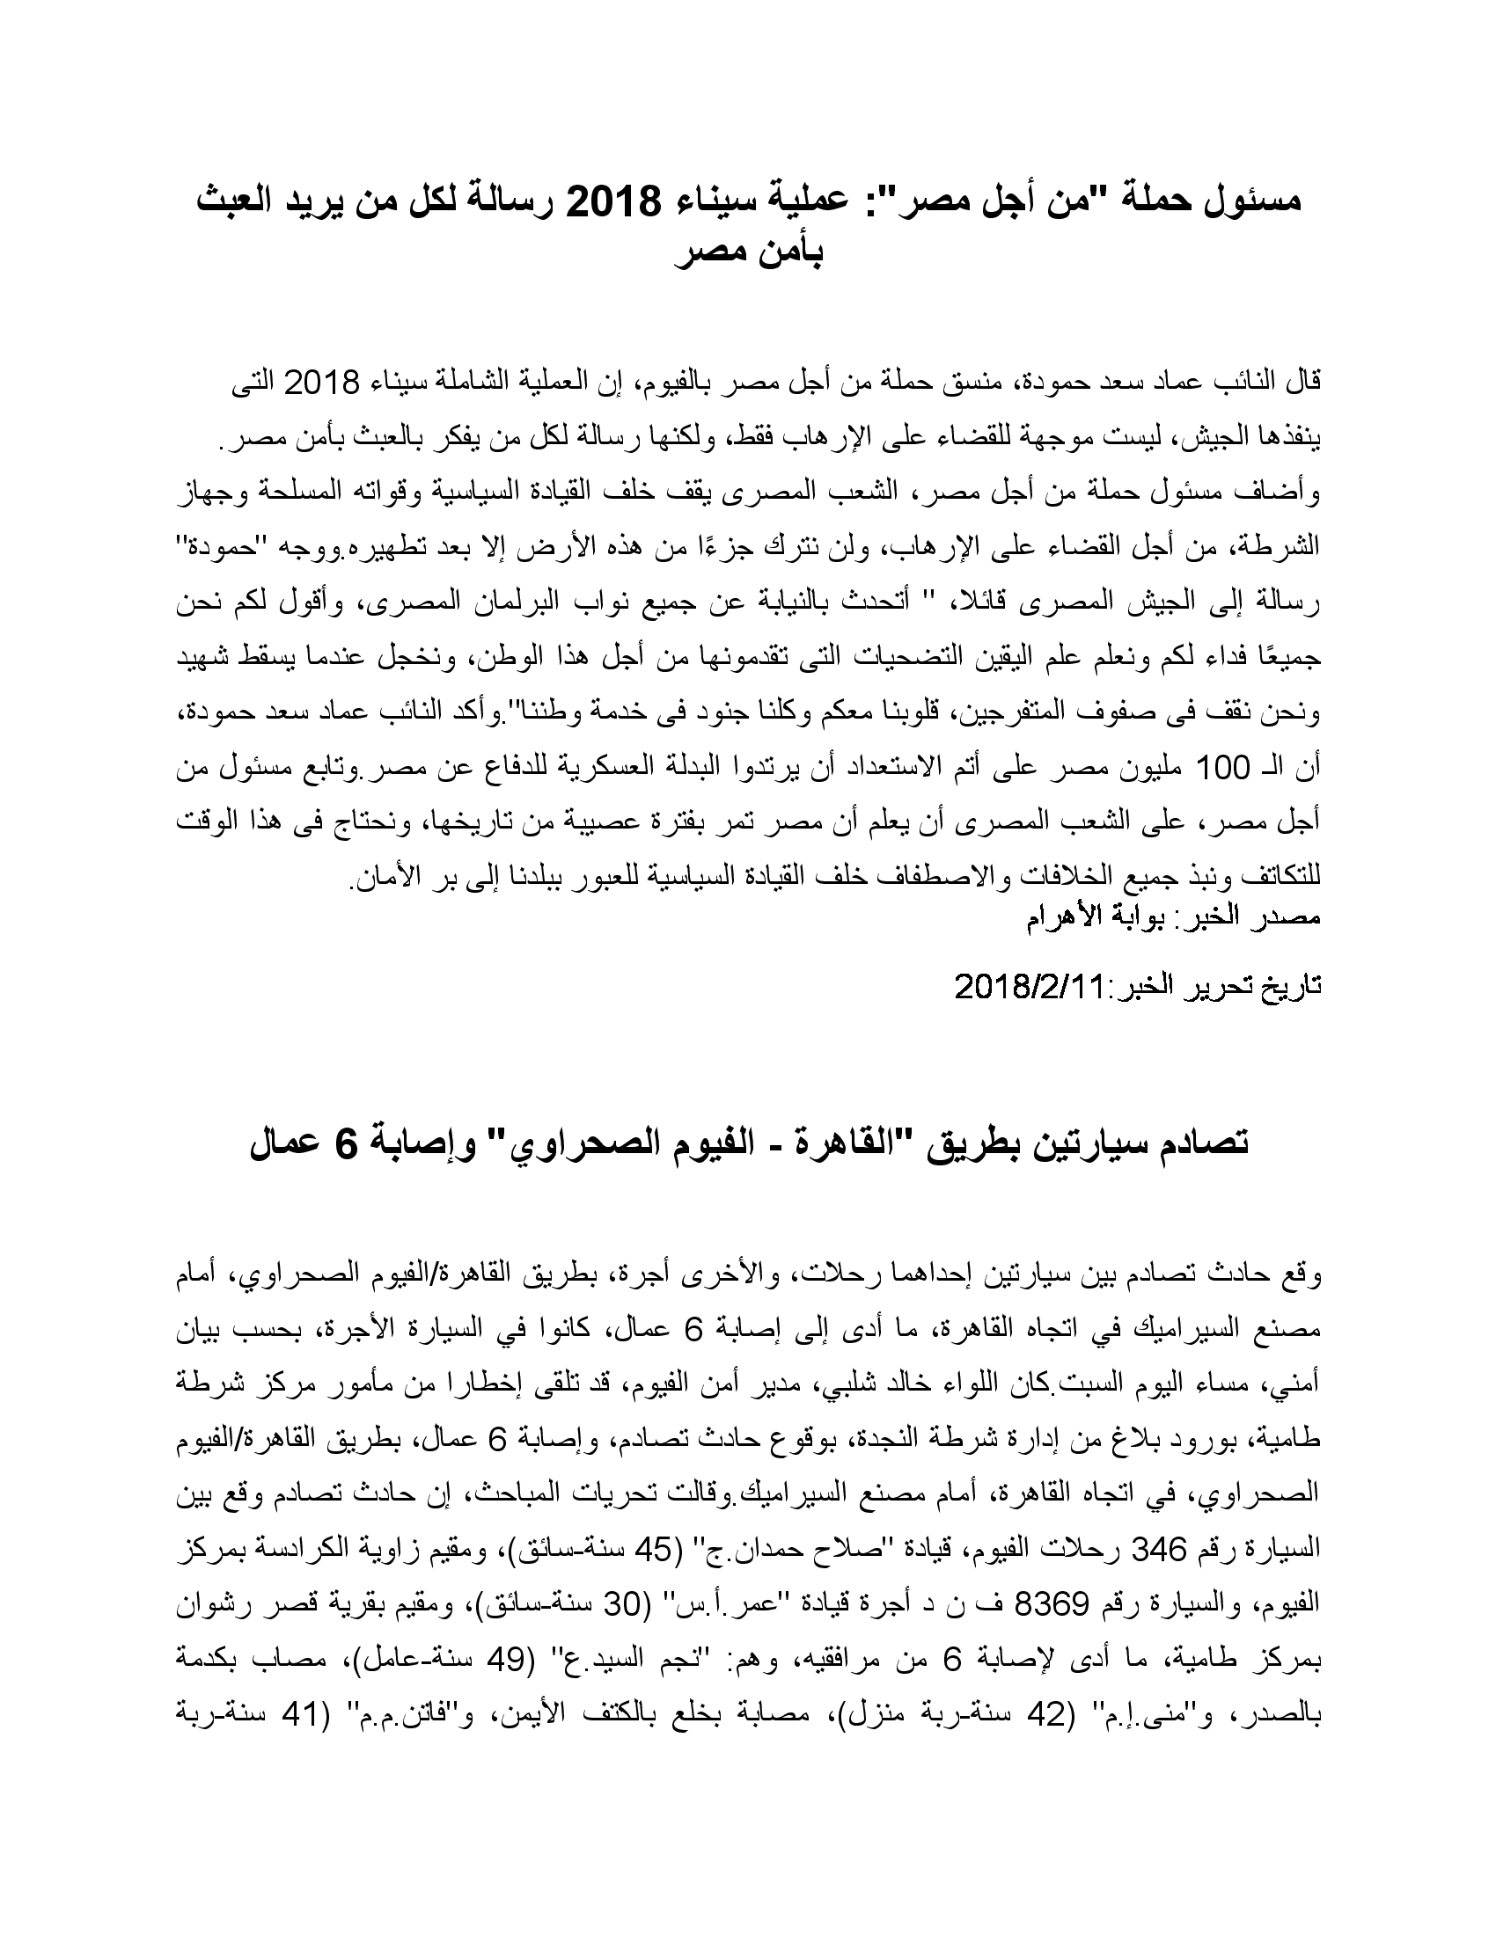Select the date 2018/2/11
1028,986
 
